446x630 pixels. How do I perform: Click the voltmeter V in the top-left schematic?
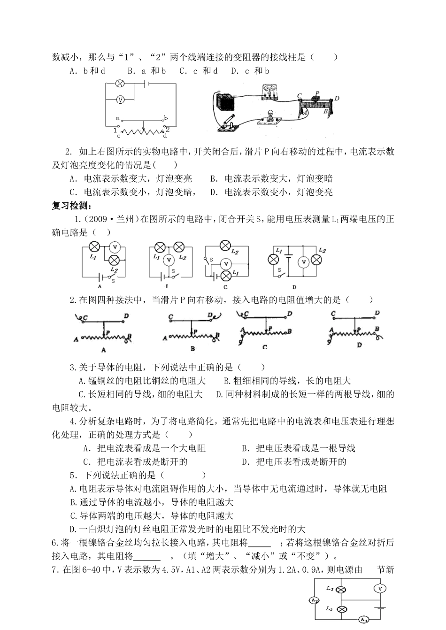click(120, 100)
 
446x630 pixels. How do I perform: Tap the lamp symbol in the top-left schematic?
click(120, 84)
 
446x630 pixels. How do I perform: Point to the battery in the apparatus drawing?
click(223, 101)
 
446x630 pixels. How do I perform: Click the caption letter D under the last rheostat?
click(360, 345)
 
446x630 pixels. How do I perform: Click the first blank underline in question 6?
click(259, 544)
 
